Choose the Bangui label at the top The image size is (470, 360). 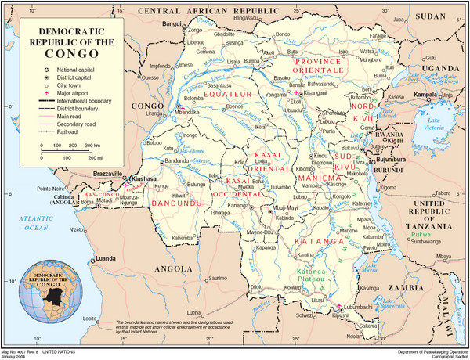click(161, 24)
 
